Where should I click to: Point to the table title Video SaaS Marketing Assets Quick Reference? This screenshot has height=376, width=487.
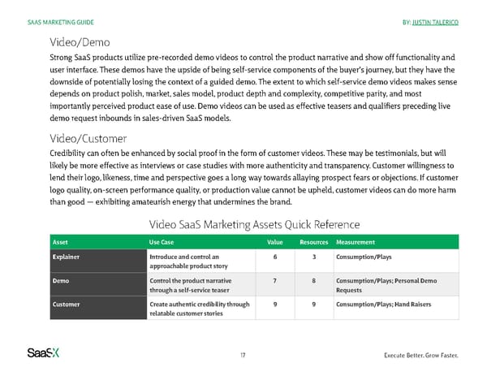[255, 224]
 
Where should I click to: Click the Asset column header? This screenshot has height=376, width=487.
[60, 242]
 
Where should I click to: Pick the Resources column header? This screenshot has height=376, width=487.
[313, 242]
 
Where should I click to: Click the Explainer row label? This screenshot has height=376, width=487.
[67, 257]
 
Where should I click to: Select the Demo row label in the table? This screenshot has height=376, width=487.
[61, 280]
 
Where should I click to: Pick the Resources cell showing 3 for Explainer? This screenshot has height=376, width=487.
[313, 257]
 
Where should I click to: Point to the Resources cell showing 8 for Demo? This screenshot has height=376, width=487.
[313, 280]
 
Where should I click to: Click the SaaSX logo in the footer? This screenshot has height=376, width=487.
[45, 353]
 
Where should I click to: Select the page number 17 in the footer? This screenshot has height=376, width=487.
[243, 355]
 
